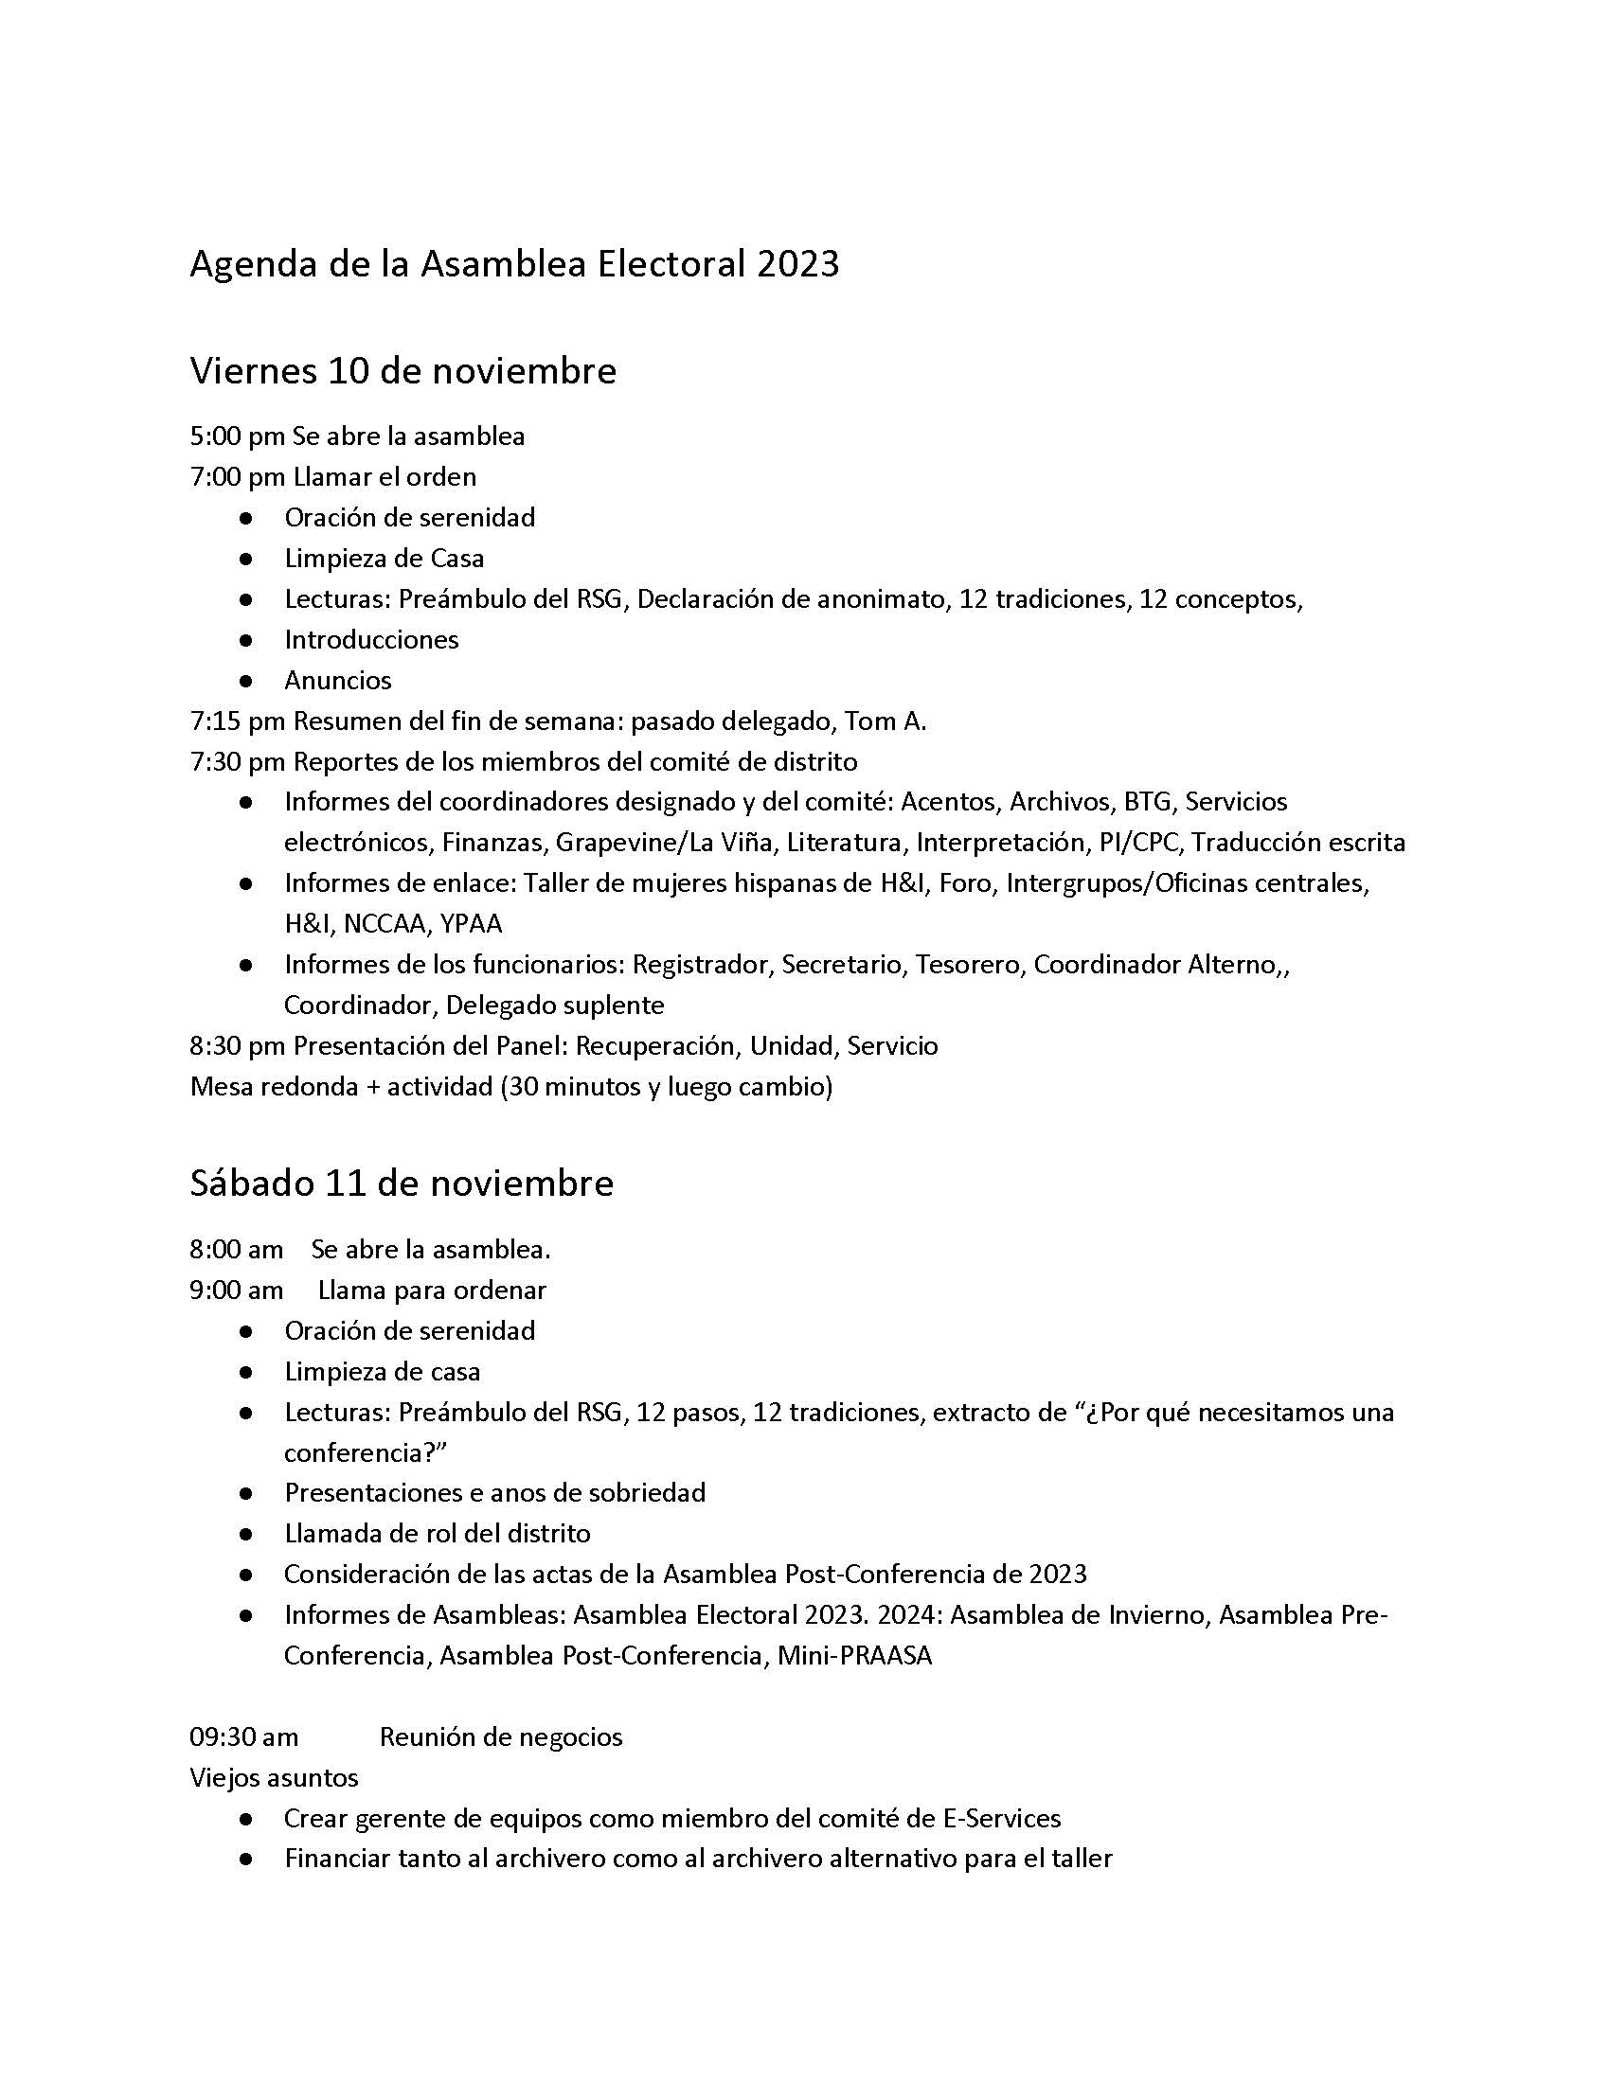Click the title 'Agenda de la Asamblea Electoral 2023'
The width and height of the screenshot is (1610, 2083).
point(514,264)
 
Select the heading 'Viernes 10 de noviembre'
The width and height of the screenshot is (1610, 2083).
point(402,371)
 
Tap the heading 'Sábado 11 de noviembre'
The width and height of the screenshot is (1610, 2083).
point(402,1184)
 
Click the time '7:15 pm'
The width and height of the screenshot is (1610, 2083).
point(238,721)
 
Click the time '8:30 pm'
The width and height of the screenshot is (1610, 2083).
point(238,1046)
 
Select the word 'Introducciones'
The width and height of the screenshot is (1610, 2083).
point(371,640)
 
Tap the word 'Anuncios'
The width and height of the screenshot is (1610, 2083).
point(338,681)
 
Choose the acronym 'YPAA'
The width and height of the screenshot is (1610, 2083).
point(472,924)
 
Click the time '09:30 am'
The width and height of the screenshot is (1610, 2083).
point(244,1737)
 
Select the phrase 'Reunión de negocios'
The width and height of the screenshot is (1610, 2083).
point(501,1737)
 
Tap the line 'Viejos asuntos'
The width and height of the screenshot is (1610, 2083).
point(274,1779)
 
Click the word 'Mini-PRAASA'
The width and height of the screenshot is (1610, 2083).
point(854,1656)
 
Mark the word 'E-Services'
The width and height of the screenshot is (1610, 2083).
point(1001,1819)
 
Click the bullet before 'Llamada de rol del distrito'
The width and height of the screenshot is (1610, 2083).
point(246,1535)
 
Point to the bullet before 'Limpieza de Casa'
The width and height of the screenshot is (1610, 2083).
point(246,559)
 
